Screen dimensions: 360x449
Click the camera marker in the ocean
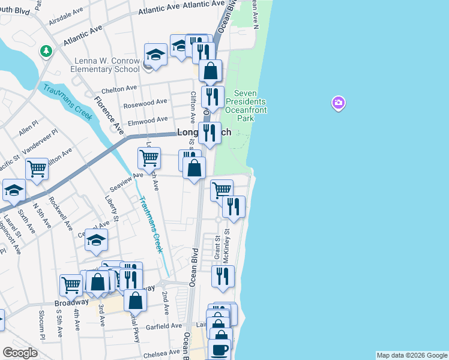[x=339, y=104]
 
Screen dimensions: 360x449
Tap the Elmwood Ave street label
[x=147, y=119]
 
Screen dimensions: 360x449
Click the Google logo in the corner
[x=20, y=353]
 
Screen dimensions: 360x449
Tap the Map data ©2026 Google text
[x=412, y=355]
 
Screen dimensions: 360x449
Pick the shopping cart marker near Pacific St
[x=37, y=169]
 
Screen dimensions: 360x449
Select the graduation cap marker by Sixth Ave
[x=14, y=190]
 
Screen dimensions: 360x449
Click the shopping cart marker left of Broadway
[x=71, y=284]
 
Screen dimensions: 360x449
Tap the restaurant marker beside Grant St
[x=223, y=276]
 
